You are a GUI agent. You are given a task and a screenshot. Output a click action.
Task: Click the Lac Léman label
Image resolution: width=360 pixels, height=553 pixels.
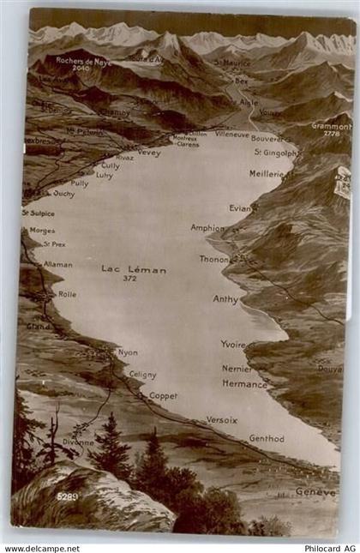[134, 269]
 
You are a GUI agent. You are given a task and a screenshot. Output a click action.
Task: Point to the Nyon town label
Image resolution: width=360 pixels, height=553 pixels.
[128, 352]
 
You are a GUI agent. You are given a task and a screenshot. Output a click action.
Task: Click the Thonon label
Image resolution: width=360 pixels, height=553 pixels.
[214, 259]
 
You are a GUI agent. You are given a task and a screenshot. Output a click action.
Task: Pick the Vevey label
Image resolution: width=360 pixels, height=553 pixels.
[149, 153]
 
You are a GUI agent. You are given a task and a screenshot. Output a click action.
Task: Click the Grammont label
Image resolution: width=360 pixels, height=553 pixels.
[331, 126]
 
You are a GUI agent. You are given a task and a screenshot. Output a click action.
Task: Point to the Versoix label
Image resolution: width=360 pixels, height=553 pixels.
[222, 420]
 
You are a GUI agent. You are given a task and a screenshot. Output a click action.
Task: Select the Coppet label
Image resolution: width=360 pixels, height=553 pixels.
[163, 395]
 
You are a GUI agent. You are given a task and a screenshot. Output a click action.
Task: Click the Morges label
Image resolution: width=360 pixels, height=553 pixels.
[42, 231]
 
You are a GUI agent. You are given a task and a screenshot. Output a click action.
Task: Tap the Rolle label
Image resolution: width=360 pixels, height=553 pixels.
[67, 294]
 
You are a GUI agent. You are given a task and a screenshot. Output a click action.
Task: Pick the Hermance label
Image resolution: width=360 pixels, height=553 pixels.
[244, 384]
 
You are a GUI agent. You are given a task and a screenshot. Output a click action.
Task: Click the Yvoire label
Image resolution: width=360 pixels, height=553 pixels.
[233, 344]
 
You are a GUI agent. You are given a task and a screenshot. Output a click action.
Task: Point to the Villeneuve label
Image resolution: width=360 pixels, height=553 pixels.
[232, 135]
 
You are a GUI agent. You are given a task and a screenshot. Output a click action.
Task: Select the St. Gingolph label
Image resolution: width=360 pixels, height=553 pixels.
[275, 153]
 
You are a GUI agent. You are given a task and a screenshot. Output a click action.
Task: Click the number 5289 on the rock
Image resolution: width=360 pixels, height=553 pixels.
[68, 496]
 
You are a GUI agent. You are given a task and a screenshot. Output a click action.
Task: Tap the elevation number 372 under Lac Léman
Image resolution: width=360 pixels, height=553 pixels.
[129, 279]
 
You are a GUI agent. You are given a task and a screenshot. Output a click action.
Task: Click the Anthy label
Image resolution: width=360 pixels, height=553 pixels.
[225, 299]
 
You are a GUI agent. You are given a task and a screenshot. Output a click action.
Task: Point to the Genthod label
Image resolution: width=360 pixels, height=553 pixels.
[267, 438]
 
